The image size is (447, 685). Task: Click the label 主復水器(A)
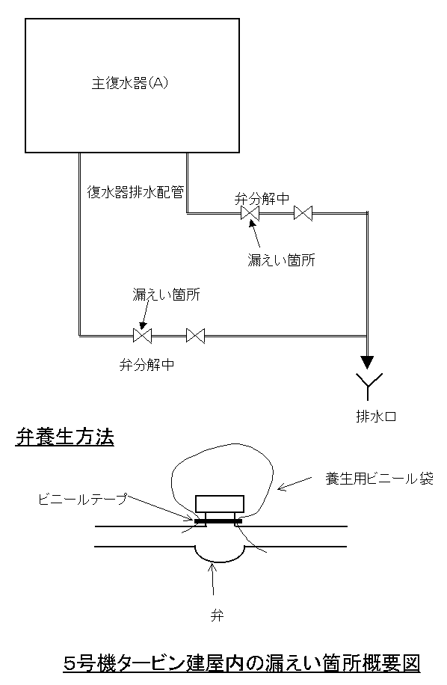(x=129, y=83)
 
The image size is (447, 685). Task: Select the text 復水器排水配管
(x=135, y=191)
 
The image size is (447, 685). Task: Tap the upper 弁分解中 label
(x=262, y=199)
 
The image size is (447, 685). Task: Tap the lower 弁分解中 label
(x=147, y=364)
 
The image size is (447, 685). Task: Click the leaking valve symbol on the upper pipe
(x=250, y=213)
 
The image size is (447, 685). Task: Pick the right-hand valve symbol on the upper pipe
(x=303, y=213)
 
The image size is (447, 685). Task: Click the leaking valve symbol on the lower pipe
(x=142, y=336)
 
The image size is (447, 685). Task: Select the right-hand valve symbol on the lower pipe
(x=196, y=336)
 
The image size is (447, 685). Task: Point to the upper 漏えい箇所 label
(x=281, y=260)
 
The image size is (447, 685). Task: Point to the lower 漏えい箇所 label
(x=166, y=295)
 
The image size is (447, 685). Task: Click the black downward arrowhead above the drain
(x=367, y=363)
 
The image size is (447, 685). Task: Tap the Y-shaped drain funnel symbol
(x=368, y=385)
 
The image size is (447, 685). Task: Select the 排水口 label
(x=376, y=417)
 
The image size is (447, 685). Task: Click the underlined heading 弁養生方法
(x=64, y=437)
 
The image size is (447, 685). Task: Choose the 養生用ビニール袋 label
(x=379, y=479)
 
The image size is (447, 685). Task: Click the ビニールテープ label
(x=83, y=499)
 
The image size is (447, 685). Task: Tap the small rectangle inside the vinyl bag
(x=220, y=504)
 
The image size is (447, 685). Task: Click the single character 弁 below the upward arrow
(x=217, y=615)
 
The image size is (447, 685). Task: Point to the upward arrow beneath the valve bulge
(x=213, y=580)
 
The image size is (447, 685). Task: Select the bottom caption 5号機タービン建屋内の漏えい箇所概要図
(x=241, y=663)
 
